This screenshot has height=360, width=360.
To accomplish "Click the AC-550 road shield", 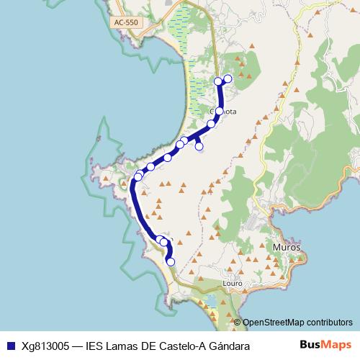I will point(125,23).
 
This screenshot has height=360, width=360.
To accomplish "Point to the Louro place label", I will point(234,284).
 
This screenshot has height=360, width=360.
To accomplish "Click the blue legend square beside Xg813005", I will point(10,346).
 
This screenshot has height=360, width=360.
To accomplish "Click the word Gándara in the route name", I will point(230,346).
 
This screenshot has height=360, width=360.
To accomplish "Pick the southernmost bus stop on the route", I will point(171,262).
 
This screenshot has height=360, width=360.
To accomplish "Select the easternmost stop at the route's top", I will point(228,78).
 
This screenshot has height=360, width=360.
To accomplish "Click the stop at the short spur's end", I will point(199,147).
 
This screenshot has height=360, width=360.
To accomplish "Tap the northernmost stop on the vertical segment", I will point(218,81).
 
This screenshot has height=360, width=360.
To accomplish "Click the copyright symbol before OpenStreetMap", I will point(237,323).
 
